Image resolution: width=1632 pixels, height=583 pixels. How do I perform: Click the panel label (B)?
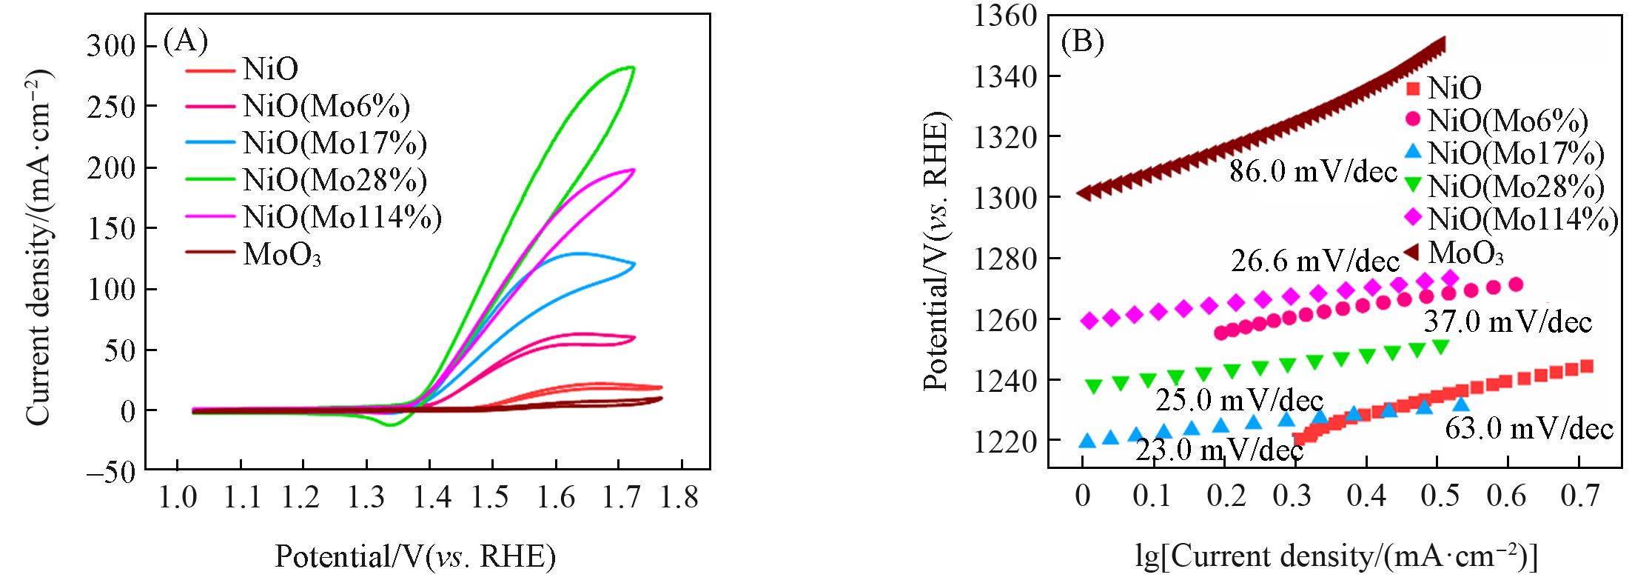(x=1082, y=42)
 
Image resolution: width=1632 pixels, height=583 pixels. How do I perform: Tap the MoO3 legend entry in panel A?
(x=282, y=256)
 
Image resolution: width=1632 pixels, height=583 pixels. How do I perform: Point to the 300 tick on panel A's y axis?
(x=112, y=47)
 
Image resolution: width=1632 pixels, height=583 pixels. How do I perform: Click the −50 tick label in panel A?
(x=111, y=471)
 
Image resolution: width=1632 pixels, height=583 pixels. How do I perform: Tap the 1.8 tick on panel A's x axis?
(x=679, y=499)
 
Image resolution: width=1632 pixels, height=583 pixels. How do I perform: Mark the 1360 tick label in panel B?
(x=1005, y=16)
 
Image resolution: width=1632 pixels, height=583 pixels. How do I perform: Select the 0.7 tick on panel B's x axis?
(x=1580, y=496)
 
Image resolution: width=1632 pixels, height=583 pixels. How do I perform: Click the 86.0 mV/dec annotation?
(x=1313, y=172)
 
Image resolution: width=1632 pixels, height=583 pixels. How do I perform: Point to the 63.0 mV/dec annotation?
(x=1528, y=430)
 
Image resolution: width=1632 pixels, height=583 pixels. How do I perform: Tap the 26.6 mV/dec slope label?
(x=1315, y=261)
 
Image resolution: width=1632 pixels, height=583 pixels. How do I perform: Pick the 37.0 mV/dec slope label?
(x=1508, y=322)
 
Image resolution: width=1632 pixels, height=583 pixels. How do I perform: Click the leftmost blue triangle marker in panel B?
(x=1087, y=441)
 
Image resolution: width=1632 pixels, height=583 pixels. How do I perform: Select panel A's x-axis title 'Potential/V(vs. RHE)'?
(x=415, y=556)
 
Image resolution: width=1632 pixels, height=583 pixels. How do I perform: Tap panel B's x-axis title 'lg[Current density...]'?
(x=1336, y=556)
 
